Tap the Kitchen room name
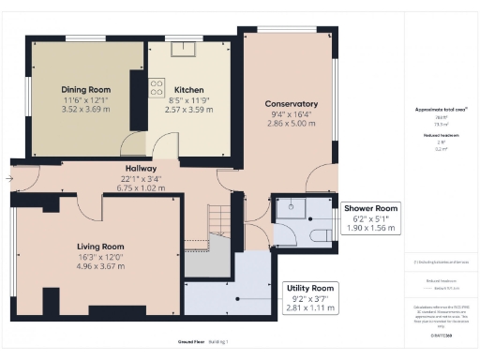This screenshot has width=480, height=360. [x=188, y=90]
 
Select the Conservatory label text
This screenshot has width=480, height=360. [x=292, y=104]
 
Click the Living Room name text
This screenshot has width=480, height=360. [x=100, y=247]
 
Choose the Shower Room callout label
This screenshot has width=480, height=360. [x=370, y=208]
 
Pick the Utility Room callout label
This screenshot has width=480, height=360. [x=308, y=288]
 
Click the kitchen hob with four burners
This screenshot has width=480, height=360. [x=157, y=87]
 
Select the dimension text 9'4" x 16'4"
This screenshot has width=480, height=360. [x=292, y=113]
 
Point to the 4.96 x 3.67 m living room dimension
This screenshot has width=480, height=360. [x=100, y=266]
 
